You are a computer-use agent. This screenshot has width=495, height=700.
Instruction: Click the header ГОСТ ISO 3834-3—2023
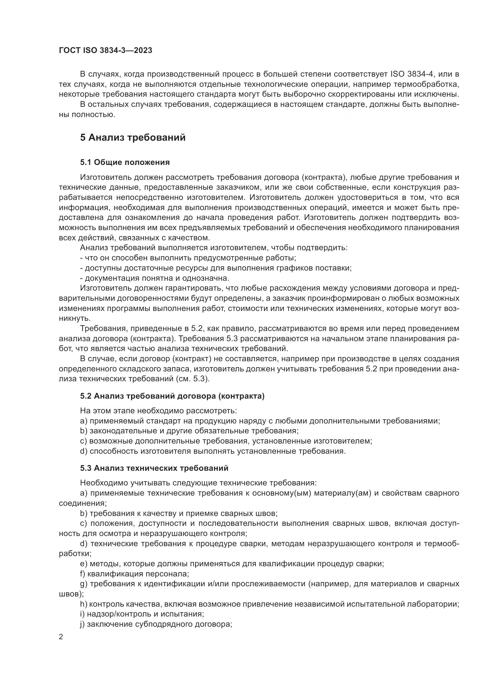point(105,51)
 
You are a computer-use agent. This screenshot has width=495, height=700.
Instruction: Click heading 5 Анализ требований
point(133,137)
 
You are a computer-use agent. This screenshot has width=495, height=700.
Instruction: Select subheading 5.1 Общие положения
point(125,162)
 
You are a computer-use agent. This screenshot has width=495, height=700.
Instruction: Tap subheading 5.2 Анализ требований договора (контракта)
point(172,396)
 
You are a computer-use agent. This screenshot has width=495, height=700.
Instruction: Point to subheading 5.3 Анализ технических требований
point(154,468)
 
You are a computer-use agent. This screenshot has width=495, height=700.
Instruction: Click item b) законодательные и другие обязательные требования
point(189,431)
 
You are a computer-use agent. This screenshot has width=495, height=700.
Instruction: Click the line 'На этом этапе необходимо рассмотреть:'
point(159,411)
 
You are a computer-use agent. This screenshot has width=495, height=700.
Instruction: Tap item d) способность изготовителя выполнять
point(213,451)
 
